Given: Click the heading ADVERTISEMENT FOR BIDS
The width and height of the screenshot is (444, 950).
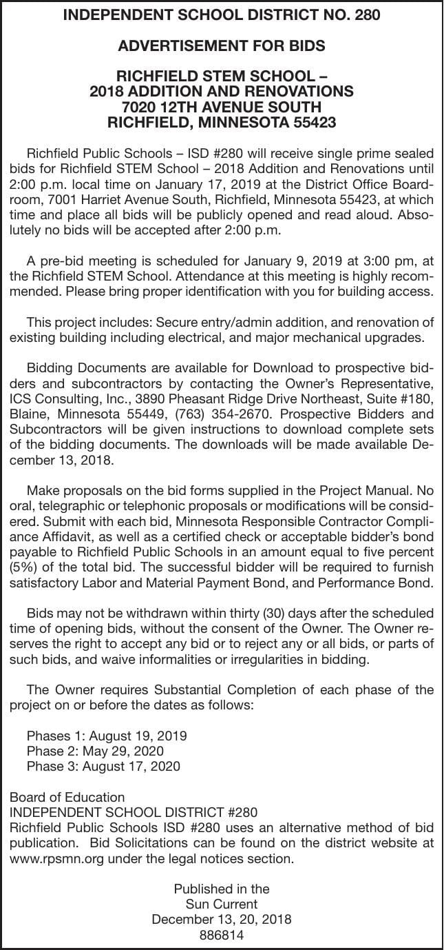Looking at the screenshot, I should point(222,46).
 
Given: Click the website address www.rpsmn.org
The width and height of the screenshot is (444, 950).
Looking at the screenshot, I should point(49,859).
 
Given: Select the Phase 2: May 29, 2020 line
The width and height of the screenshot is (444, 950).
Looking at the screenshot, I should point(95,750).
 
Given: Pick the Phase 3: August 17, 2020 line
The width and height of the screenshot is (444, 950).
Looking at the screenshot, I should point(103,766).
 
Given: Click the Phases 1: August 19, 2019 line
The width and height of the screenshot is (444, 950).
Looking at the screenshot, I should point(107,735).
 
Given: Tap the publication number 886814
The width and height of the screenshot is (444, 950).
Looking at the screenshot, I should point(222,935).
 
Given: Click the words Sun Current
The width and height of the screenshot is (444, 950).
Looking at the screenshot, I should point(222,904).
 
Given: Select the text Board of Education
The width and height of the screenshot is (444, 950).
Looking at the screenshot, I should point(67,797).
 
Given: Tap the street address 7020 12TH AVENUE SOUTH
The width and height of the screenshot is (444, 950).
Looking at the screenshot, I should point(222,107).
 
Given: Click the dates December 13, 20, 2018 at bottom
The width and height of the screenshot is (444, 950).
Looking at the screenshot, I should point(222,919).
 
